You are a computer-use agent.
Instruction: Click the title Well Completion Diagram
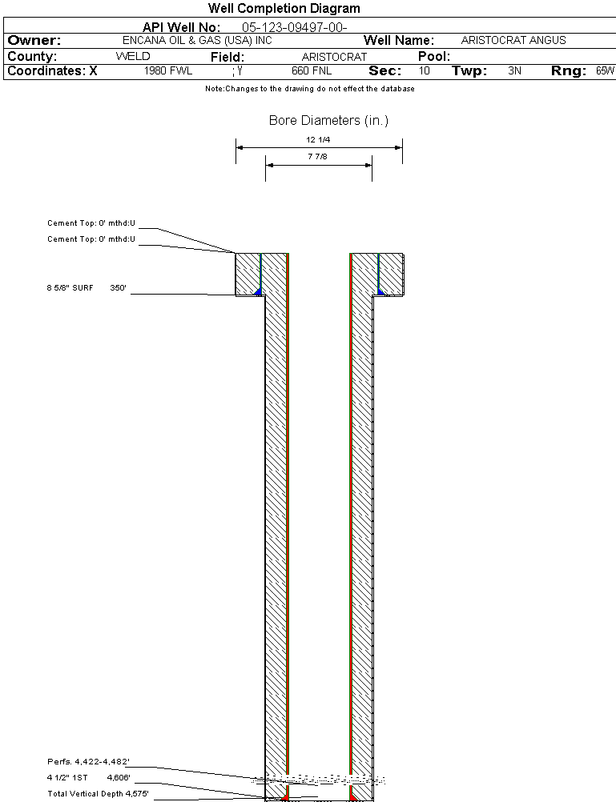coord(284,8)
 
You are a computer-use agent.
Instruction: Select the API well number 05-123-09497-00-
coord(295,27)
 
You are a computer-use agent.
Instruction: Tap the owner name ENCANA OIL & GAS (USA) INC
coord(197,40)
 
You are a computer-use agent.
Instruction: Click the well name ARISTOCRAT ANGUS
coord(513,40)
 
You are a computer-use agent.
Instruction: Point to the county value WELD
coord(133,56)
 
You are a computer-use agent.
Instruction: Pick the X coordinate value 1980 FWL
coord(168,70)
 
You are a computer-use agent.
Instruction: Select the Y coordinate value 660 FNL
coord(312,70)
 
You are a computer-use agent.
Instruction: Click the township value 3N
coord(514,70)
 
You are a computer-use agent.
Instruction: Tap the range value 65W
coord(605,70)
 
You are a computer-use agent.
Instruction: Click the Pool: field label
coord(434,56)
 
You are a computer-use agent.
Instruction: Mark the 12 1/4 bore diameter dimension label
coord(318,139)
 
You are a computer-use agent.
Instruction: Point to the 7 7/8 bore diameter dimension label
coord(317,157)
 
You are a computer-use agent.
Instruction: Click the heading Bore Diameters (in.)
coord(328,120)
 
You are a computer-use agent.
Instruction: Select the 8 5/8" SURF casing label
coord(70,288)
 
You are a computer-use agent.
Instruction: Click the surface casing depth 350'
coord(119,288)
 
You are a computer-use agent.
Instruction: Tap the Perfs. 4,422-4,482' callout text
coord(89,762)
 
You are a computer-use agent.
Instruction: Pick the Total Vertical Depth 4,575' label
coord(99,794)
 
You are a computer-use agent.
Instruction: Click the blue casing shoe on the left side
coord(259,291)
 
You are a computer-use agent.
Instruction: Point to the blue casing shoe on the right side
coord(381,291)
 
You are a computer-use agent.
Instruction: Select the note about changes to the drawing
coord(310,89)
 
